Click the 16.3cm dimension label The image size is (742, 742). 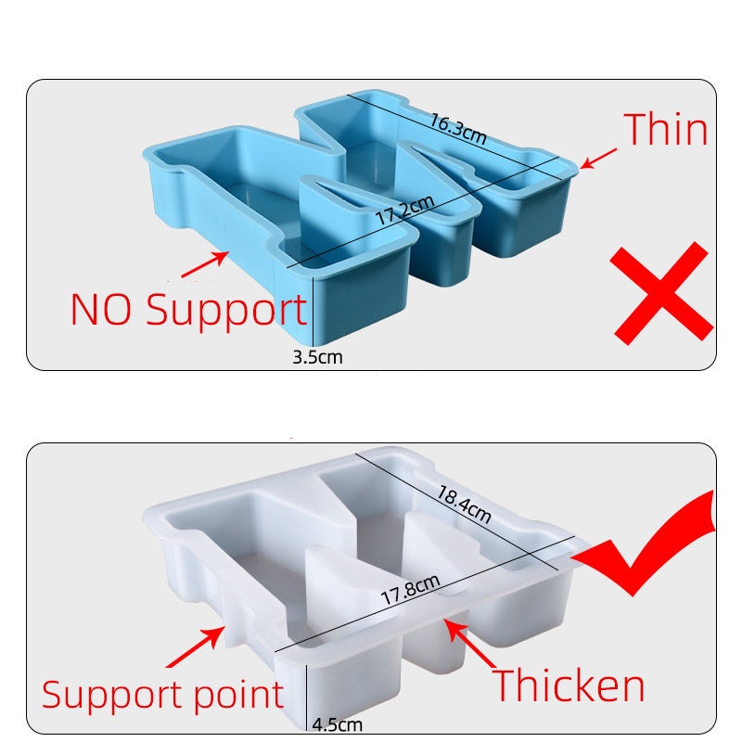pos(457,129)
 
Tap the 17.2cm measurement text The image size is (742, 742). pos(405,210)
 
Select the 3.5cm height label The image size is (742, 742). pos(317,357)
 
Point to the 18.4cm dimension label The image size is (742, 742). pos(464,505)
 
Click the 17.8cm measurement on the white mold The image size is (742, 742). pos(411,590)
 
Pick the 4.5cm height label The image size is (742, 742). pos(338,724)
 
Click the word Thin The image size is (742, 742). pos(665,129)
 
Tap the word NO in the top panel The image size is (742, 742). pos(101,309)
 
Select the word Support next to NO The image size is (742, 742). pos(226,312)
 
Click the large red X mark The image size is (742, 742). pos(661,293)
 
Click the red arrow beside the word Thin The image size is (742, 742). pos(598,159)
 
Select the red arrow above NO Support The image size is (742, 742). pos(204,264)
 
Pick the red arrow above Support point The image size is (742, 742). pos(195,646)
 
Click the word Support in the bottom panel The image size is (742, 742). pos(114,696)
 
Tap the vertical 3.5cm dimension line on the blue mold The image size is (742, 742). pos(313,312)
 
